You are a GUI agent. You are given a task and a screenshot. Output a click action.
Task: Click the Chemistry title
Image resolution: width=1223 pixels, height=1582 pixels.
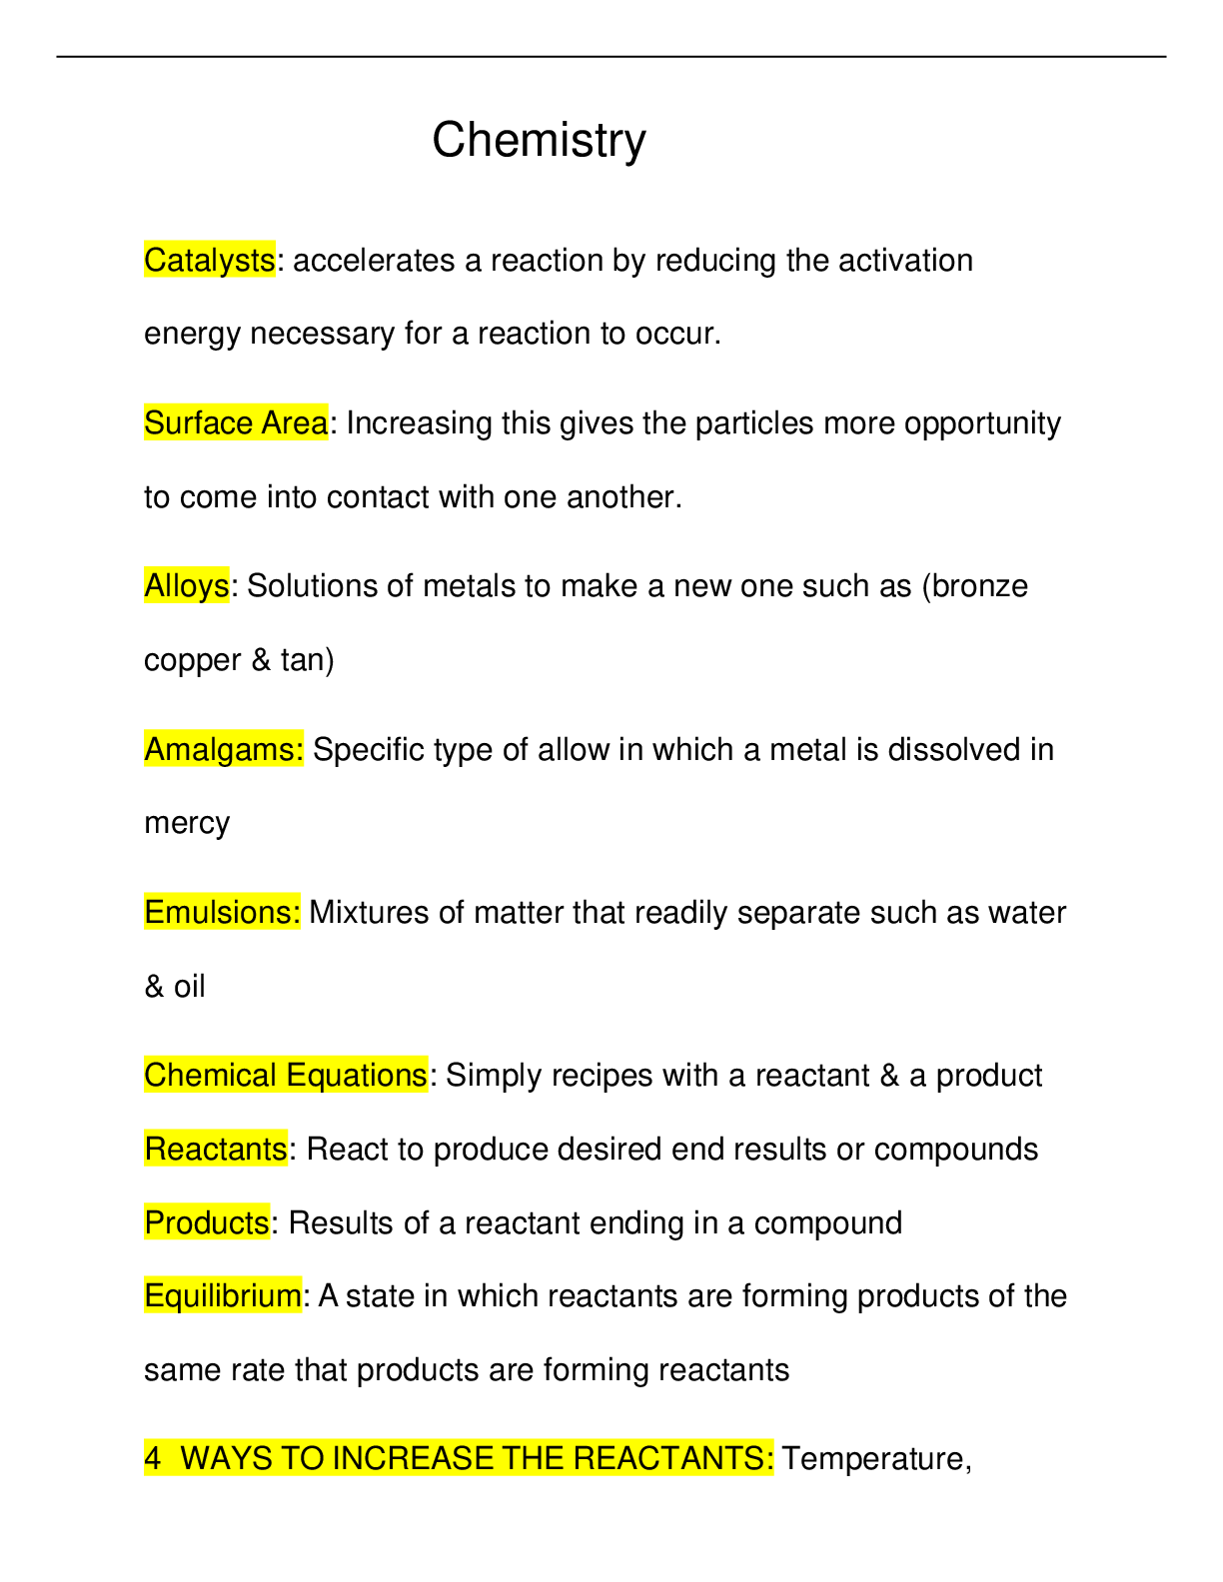click(x=539, y=140)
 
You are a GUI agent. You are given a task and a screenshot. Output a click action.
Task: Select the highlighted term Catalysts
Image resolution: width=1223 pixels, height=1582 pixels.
click(x=209, y=261)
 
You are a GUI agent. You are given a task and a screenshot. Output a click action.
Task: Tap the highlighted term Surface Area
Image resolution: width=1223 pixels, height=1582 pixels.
click(x=236, y=423)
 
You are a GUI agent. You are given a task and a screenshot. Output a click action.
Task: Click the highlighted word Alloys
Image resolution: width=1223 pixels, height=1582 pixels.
click(x=186, y=586)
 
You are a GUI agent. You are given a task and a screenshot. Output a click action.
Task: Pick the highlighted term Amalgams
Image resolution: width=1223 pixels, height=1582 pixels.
click(x=223, y=749)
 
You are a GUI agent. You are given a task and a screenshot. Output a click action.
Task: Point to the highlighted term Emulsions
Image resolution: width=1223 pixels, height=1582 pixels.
click(x=221, y=912)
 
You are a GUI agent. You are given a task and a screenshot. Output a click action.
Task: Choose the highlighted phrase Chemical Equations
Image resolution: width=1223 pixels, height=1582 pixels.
click(x=285, y=1075)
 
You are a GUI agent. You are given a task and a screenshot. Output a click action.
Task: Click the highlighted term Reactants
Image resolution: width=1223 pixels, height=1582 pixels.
click(x=216, y=1149)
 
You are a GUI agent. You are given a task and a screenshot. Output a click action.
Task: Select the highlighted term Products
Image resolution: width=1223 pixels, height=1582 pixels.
click(x=206, y=1222)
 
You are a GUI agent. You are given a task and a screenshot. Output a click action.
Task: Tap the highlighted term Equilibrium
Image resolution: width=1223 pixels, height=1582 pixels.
click(x=222, y=1295)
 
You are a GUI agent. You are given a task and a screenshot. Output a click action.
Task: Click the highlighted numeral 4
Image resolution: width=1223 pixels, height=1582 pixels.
click(x=152, y=1459)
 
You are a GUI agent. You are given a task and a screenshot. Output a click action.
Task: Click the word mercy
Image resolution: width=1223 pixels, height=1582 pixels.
click(x=187, y=823)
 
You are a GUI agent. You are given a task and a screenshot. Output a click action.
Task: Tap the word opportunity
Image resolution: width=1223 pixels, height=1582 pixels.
click(x=982, y=423)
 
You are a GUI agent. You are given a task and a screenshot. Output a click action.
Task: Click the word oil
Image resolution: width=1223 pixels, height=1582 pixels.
click(x=189, y=987)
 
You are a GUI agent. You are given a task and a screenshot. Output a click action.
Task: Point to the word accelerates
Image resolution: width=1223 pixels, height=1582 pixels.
click(x=374, y=261)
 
